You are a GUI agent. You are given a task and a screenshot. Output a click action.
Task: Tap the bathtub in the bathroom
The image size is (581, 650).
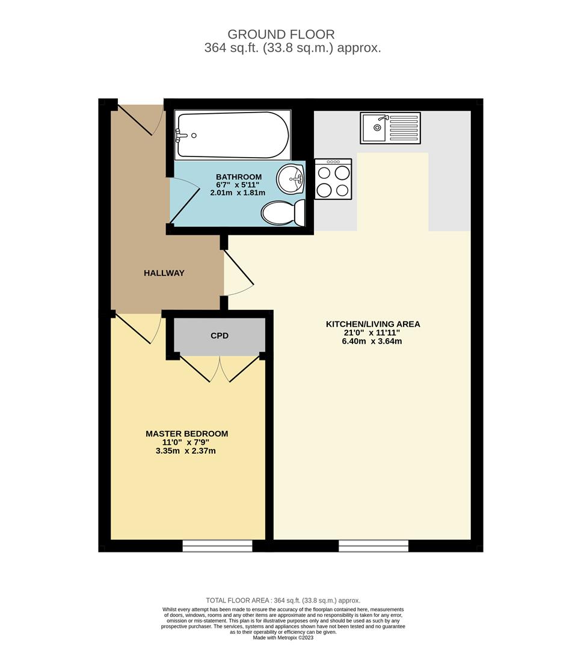point(232,134)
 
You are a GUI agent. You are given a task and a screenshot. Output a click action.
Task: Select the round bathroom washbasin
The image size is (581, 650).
point(292,178)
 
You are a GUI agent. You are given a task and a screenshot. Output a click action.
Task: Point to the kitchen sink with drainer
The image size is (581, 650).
point(390,128)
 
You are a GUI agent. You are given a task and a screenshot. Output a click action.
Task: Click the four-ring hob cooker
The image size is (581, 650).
point(333,179)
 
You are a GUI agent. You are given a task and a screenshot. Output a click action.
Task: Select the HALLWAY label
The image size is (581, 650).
point(164,273)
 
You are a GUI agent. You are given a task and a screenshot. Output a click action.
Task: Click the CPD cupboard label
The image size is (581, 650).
point(220,335)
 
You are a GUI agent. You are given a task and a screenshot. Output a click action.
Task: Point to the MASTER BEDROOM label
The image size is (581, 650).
point(186,433)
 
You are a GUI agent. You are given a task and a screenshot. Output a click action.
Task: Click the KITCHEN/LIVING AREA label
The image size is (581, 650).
point(373,324)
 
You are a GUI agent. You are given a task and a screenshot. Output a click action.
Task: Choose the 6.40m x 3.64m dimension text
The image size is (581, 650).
point(373,341)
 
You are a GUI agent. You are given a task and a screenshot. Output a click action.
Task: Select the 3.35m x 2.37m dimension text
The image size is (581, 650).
point(186,450)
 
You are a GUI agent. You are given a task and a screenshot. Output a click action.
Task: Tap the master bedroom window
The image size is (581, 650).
point(217,545)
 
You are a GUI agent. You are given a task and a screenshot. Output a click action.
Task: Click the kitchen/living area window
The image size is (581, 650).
point(373,545)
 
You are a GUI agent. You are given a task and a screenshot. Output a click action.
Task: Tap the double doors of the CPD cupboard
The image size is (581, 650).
point(220,368)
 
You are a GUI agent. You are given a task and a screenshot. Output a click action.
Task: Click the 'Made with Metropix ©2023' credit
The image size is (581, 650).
point(283,637)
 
